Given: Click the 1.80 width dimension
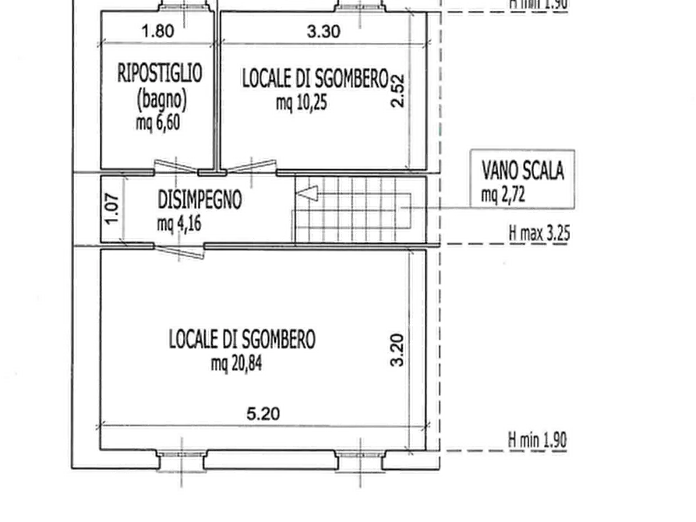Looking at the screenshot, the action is pyautogui.click(x=157, y=31).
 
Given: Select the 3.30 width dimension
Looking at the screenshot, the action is pyautogui.click(x=323, y=31).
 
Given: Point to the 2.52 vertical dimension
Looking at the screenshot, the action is pyautogui.click(x=397, y=91).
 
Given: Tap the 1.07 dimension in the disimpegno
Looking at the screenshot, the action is pyautogui.click(x=113, y=209).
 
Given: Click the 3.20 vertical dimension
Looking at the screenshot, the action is pyautogui.click(x=397, y=351).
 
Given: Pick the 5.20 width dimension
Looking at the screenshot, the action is pyautogui.click(x=263, y=414).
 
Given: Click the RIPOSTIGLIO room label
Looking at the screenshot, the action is pyautogui.click(x=160, y=72).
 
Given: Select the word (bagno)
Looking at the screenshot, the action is pyautogui.click(x=162, y=100).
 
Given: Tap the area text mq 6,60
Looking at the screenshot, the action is pyautogui.click(x=158, y=122).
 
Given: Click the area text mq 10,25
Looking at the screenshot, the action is pyautogui.click(x=302, y=103).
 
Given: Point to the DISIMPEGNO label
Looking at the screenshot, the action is pyautogui.click(x=200, y=199).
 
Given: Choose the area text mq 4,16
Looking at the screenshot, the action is pyautogui.click(x=179, y=224).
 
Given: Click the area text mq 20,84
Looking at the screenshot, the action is pyautogui.click(x=237, y=364).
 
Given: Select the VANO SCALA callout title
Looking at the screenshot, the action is pyautogui.click(x=523, y=171).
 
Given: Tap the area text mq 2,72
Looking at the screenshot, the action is pyautogui.click(x=503, y=195).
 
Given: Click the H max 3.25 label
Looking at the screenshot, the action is pyautogui.click(x=539, y=234).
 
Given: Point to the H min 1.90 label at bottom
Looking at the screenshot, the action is pyautogui.click(x=538, y=440).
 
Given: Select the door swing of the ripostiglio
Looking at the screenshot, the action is pyautogui.click(x=176, y=166).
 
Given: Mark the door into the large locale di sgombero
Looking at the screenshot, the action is pyautogui.click(x=179, y=251).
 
